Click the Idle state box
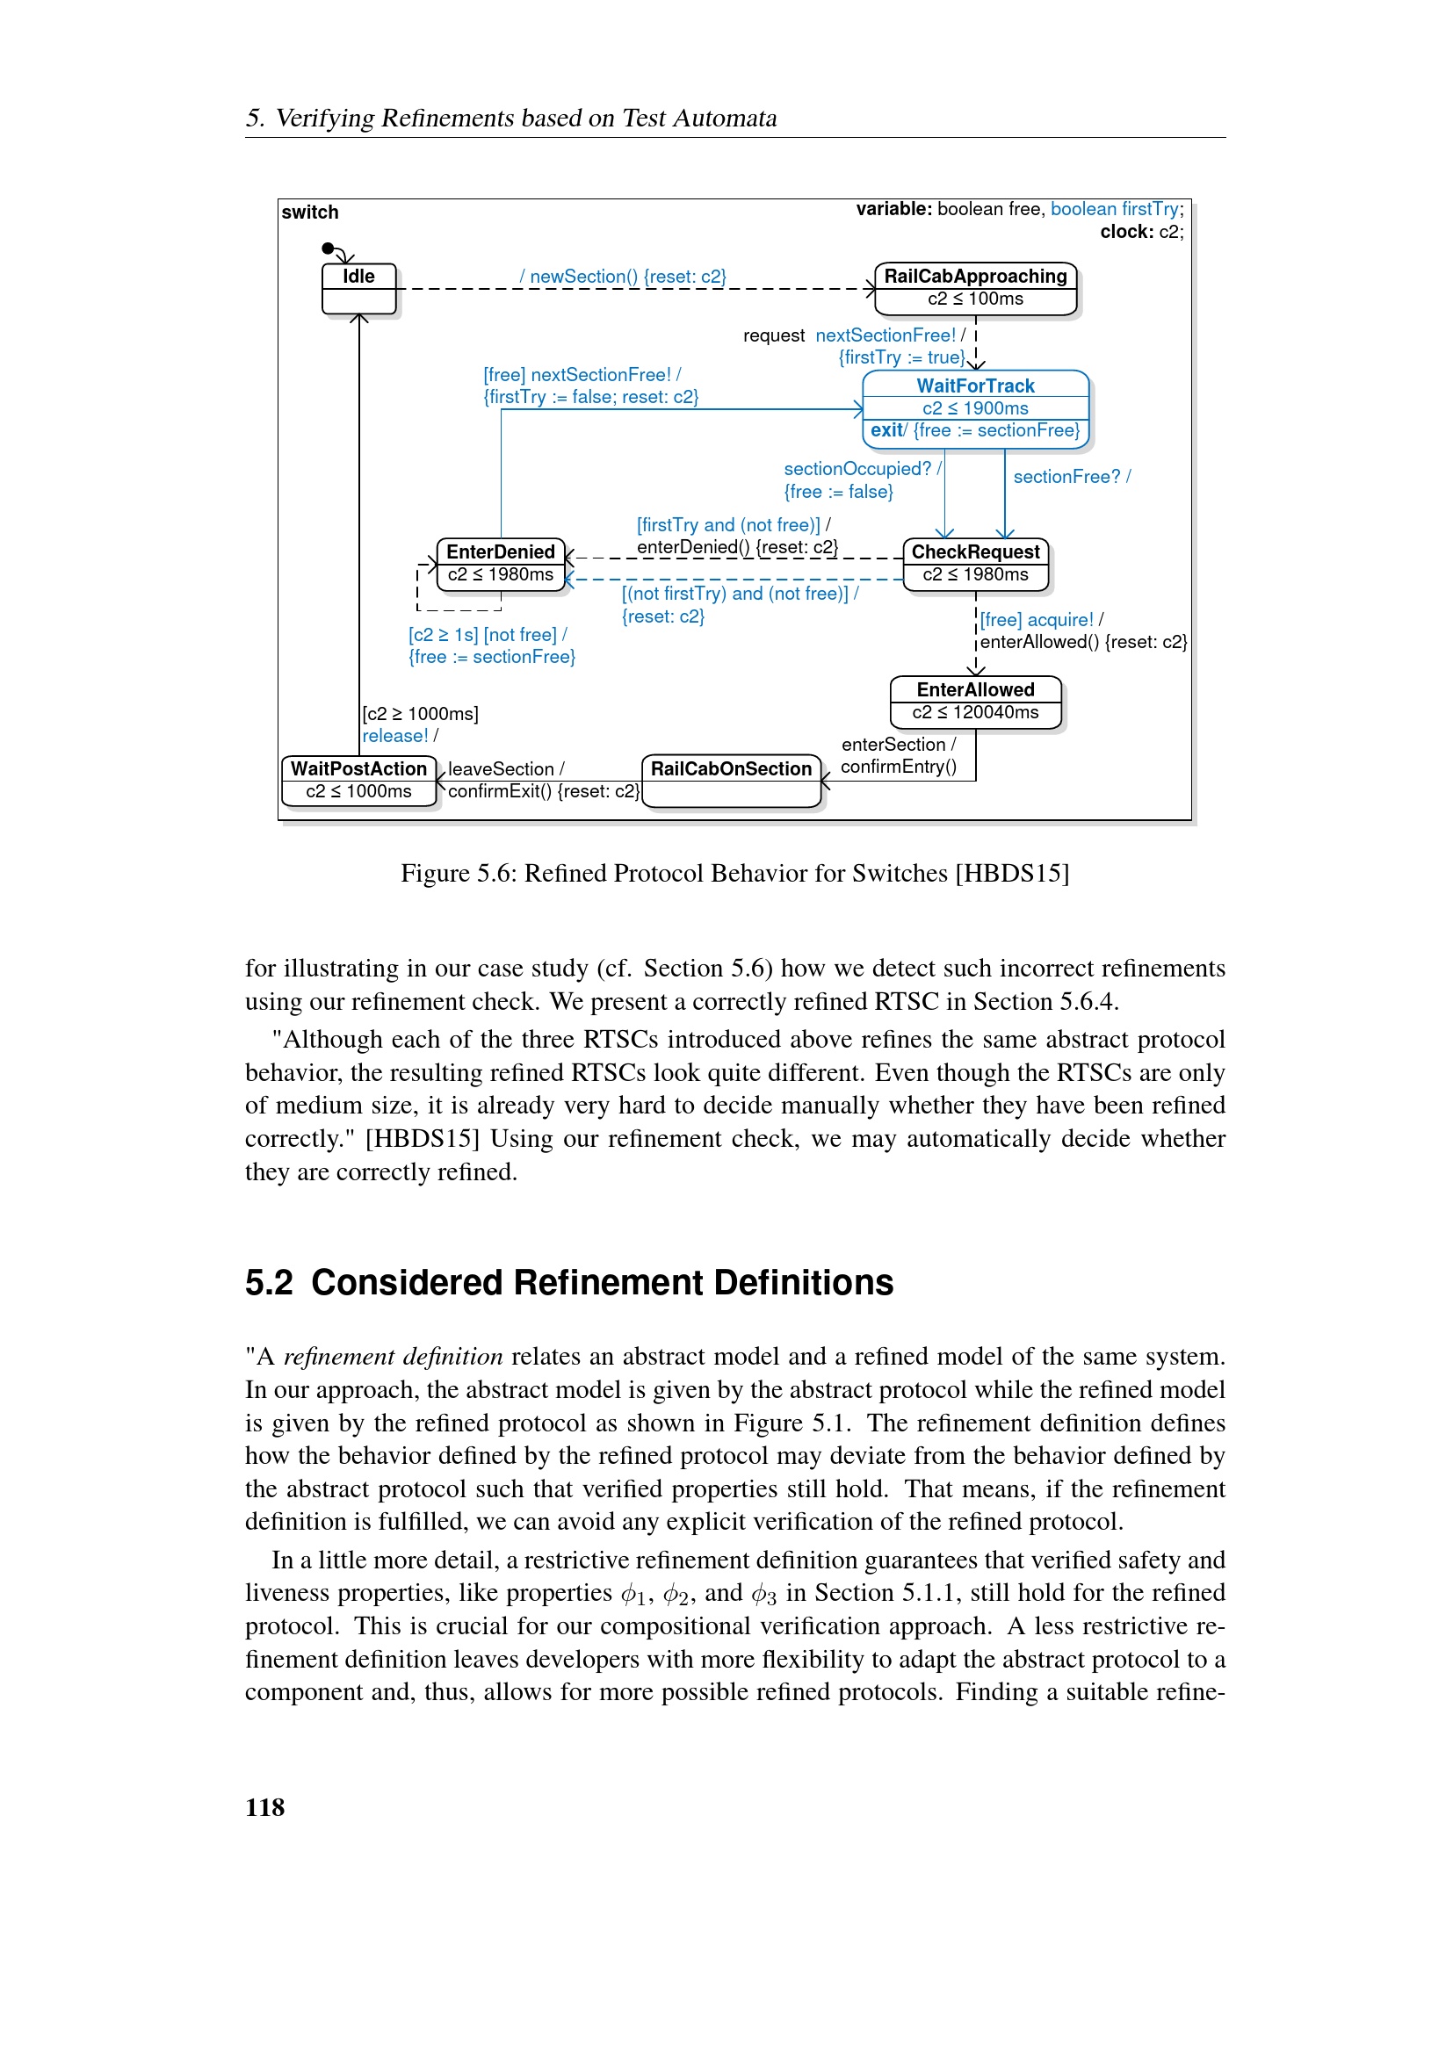(x=358, y=288)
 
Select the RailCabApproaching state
(x=974, y=288)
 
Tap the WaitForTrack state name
(x=974, y=386)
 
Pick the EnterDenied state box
(x=500, y=564)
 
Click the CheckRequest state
(x=974, y=564)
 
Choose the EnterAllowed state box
(x=974, y=702)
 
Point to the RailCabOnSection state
(x=731, y=779)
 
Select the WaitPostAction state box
(x=358, y=780)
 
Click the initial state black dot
(x=328, y=248)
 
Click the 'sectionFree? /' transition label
(x=1071, y=477)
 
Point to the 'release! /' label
(x=399, y=735)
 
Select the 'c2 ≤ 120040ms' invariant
(x=974, y=713)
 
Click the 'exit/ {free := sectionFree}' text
(x=974, y=430)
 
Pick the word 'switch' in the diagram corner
(x=309, y=212)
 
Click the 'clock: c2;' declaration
(x=1141, y=232)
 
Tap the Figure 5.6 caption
(x=734, y=873)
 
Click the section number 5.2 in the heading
(x=269, y=1283)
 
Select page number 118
(x=264, y=1808)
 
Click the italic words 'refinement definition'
(x=393, y=1357)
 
